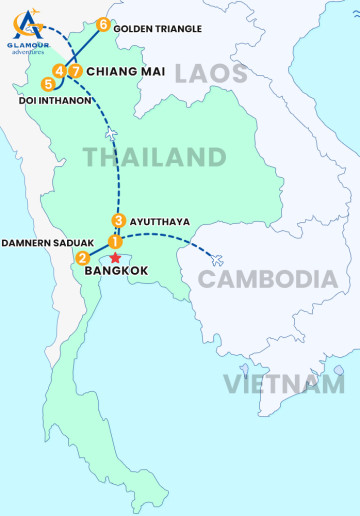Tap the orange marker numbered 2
(x=83, y=258)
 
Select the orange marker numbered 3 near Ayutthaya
(x=119, y=221)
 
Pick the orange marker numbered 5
(x=48, y=84)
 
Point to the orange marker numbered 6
(x=102, y=27)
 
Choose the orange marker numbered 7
(x=75, y=71)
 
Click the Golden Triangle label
(x=157, y=28)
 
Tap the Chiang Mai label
(x=126, y=71)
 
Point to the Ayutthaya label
(x=161, y=221)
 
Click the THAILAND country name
(x=154, y=157)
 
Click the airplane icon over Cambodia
(x=218, y=261)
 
